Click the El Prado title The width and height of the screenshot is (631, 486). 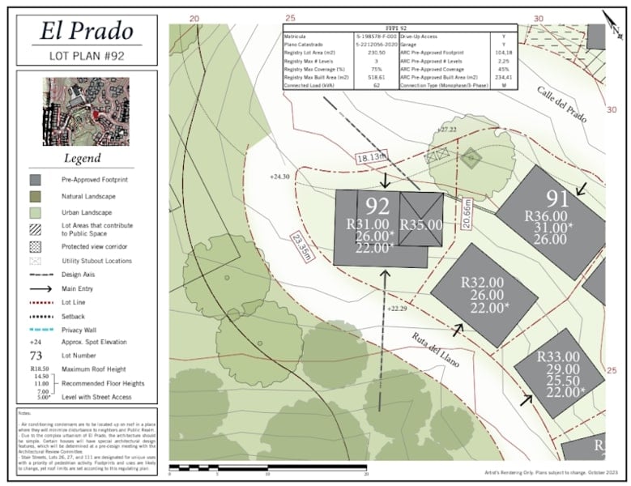[x=87, y=31]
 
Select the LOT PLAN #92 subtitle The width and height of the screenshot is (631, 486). [x=87, y=57]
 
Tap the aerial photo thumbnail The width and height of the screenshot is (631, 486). [x=87, y=112]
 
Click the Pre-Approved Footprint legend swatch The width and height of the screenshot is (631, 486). [x=36, y=180]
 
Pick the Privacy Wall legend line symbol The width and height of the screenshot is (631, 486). [x=36, y=330]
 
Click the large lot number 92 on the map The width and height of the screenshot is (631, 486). [x=377, y=207]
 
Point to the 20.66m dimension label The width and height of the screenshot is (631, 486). [x=467, y=215]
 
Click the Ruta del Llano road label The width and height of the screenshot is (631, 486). [x=435, y=350]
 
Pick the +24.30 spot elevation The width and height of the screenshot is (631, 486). [x=279, y=176]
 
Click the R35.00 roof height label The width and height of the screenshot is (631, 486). [x=421, y=225]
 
